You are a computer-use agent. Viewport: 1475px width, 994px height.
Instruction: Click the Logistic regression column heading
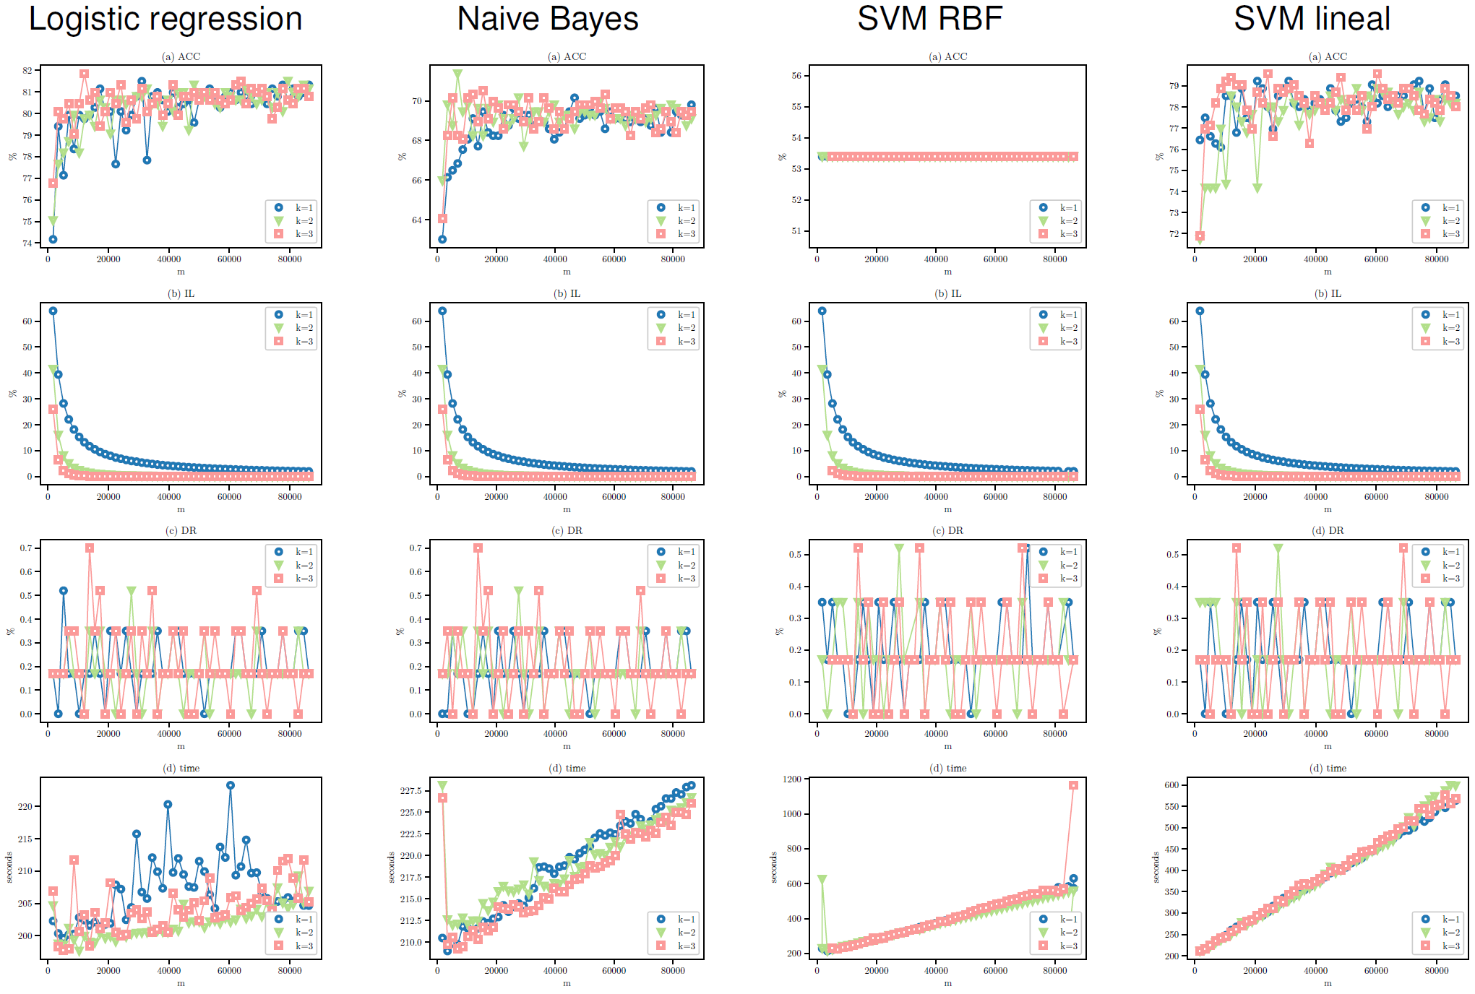point(165,19)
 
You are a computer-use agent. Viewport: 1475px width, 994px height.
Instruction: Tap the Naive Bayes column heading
point(548,19)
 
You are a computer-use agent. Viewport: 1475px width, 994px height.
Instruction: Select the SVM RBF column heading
point(929,19)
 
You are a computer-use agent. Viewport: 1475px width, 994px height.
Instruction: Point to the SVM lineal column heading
point(1312,19)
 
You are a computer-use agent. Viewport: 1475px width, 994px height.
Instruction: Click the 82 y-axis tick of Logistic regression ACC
point(27,71)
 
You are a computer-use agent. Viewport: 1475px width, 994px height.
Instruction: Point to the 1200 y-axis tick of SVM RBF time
point(792,779)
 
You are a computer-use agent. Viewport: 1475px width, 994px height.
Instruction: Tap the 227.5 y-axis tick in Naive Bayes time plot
point(410,791)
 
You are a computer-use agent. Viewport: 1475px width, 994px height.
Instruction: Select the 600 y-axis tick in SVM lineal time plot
point(1171,785)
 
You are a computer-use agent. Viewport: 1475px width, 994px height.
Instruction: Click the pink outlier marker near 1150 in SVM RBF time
point(1073,785)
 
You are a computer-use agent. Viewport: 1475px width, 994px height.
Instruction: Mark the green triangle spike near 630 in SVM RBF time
point(822,880)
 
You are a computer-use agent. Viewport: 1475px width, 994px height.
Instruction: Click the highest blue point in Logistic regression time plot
point(231,785)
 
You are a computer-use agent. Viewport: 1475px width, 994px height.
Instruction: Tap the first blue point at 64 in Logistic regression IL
point(53,311)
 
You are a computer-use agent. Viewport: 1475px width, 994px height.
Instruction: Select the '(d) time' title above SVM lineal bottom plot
point(1328,769)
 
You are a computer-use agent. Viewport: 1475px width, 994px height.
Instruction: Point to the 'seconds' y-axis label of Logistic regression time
point(9,868)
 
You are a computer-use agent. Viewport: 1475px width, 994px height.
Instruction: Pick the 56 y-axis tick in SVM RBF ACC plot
point(796,76)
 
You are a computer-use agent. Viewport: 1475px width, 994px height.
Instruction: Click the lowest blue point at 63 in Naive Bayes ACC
point(442,239)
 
